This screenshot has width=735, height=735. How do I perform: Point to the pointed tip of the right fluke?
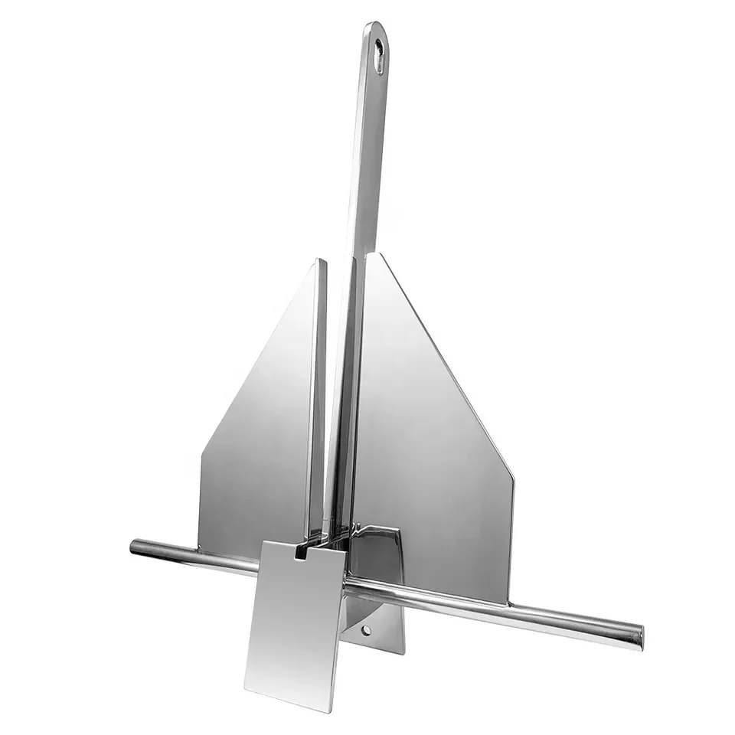[372, 255]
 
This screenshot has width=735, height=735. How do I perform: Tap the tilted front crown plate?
[295, 620]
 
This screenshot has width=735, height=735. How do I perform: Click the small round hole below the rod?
[367, 630]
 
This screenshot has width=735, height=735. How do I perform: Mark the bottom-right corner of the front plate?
[334, 709]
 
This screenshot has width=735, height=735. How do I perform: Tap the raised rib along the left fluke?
[317, 398]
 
